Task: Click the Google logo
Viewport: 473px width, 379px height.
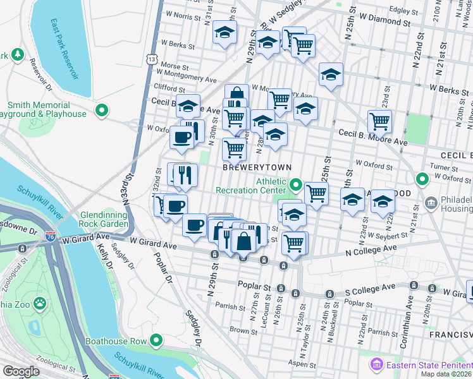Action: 20,371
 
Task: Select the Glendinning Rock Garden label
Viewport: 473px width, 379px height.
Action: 105,219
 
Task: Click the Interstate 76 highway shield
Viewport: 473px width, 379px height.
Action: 50,238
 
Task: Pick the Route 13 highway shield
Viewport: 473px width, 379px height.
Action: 150,58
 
